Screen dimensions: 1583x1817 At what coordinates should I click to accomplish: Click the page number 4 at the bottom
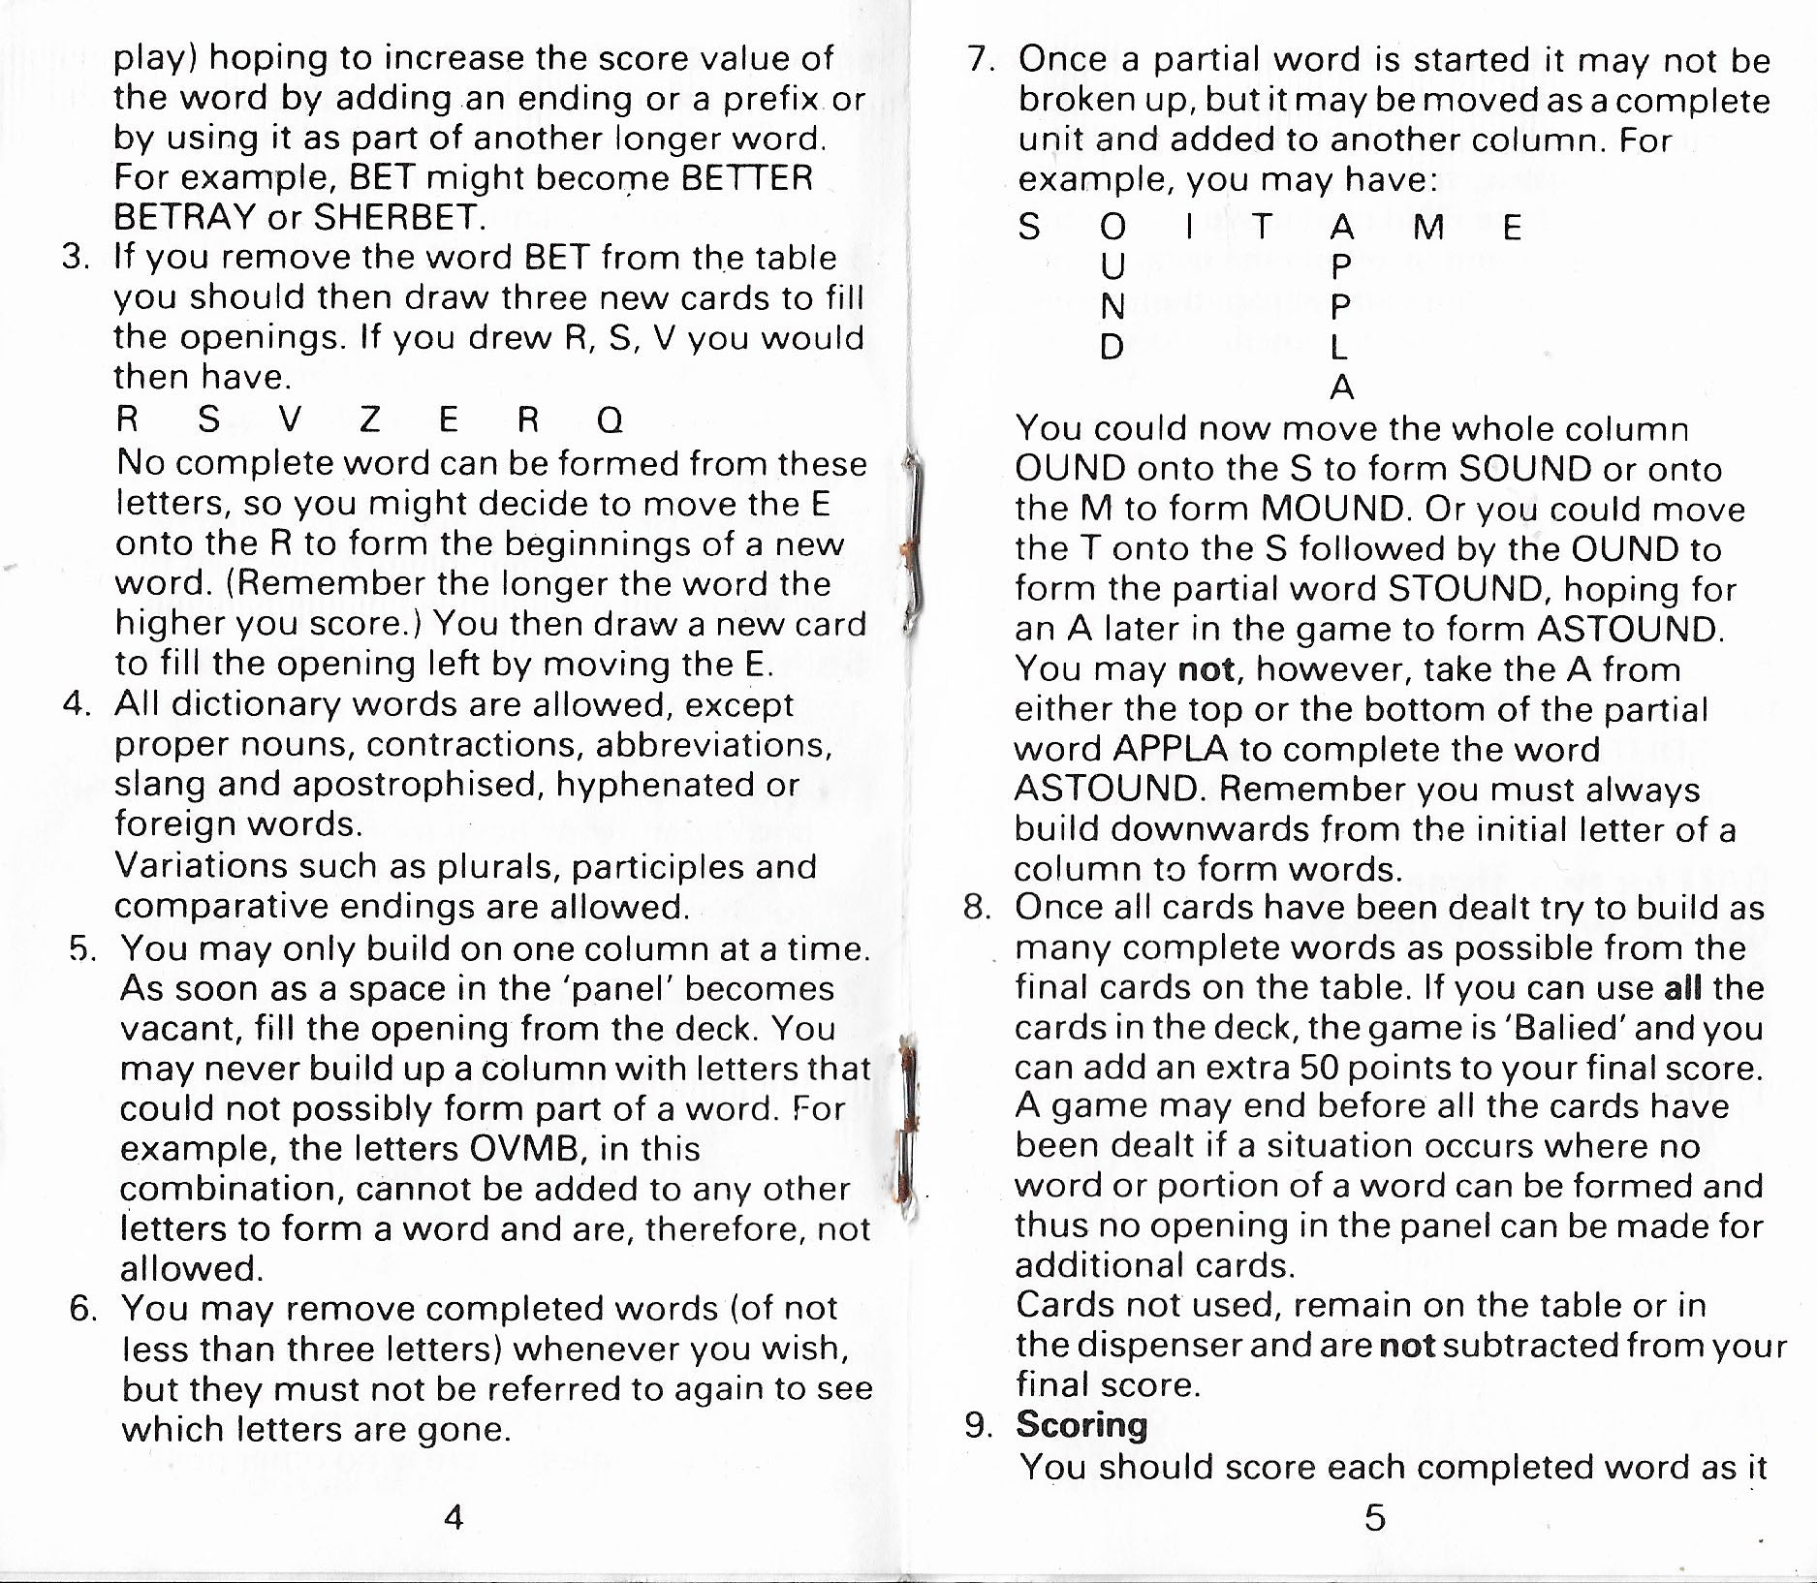tap(453, 1516)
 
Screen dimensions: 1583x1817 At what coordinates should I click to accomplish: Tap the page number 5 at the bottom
tap(1374, 1516)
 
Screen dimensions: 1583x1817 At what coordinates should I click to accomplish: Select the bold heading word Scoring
tap(1081, 1424)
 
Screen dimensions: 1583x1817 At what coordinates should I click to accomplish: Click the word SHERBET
tap(398, 217)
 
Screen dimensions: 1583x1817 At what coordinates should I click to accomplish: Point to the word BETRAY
tap(185, 217)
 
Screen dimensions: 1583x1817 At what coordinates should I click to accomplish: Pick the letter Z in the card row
tap(368, 419)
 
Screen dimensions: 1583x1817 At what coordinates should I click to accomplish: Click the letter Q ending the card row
tap(610, 419)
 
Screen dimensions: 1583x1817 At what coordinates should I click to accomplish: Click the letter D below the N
tap(1112, 346)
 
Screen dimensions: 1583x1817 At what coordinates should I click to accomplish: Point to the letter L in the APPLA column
tap(1339, 346)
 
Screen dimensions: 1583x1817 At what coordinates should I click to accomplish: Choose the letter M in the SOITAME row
tap(1429, 228)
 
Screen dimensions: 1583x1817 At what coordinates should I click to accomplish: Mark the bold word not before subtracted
tap(1406, 1346)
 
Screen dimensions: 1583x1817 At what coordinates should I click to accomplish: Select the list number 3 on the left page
tap(75, 258)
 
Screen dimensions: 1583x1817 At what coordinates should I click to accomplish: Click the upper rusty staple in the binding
tap(912, 543)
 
